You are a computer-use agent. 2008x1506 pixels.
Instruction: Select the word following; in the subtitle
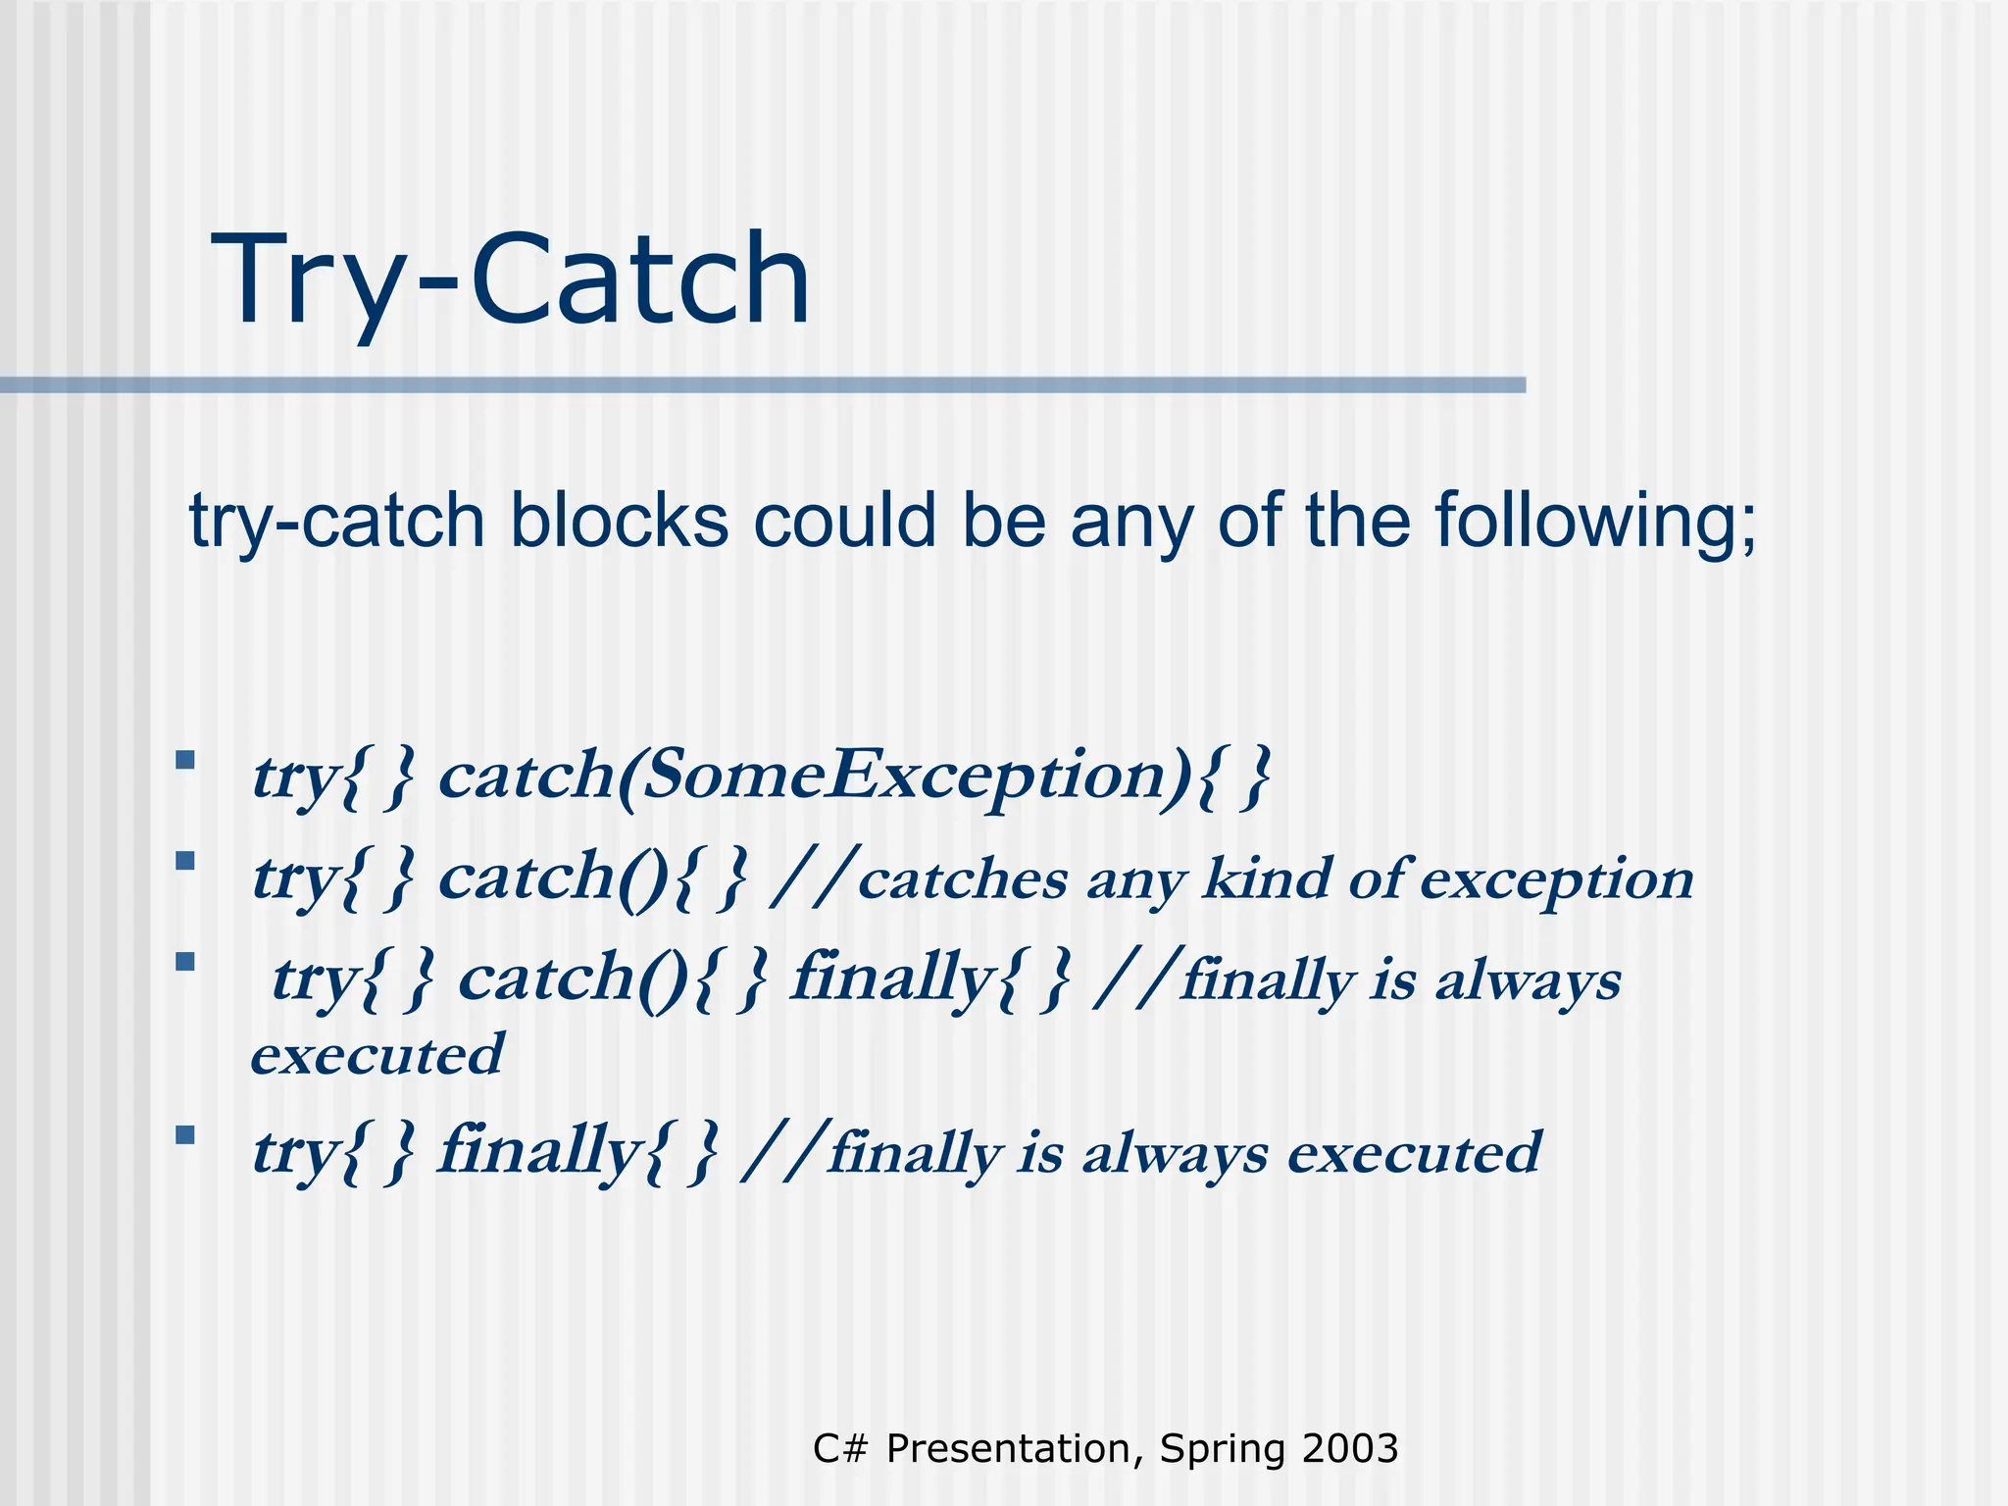(x=1596, y=522)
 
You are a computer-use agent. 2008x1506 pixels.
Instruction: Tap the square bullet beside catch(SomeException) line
(x=184, y=760)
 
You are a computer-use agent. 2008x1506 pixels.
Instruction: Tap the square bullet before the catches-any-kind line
(x=184, y=861)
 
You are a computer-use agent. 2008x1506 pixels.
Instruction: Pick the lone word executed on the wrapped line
(x=377, y=1055)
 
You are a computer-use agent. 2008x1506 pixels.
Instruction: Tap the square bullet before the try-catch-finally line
(x=184, y=962)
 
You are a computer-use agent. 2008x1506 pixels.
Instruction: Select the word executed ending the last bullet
(x=1414, y=1153)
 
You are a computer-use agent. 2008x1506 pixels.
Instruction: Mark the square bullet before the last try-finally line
(x=184, y=1135)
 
